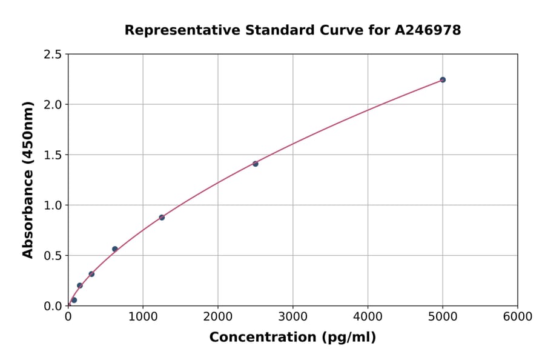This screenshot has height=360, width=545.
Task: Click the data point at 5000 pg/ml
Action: pyautogui.click(x=443, y=80)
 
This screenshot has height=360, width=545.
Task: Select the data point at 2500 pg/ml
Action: pyautogui.click(x=256, y=164)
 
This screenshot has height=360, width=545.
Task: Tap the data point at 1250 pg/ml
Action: pyautogui.click(x=162, y=217)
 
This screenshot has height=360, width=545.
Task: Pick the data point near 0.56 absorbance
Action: pyautogui.click(x=115, y=249)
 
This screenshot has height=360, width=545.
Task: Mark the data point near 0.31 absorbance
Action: pyautogui.click(x=91, y=274)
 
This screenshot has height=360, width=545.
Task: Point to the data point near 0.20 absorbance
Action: pyautogui.click(x=80, y=285)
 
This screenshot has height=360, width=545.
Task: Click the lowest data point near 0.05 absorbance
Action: pyautogui.click(x=74, y=300)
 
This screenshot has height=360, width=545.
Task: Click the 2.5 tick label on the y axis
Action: pyautogui.click(x=53, y=55)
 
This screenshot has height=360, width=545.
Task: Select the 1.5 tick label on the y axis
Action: pyautogui.click(x=53, y=155)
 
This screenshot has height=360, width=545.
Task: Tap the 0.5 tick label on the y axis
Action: pyautogui.click(x=53, y=256)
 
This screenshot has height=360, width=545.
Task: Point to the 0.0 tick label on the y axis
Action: pyautogui.click(x=53, y=306)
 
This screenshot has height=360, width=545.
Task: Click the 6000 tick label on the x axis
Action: pyautogui.click(x=517, y=317)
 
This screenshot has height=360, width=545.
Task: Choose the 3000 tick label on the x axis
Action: pyautogui.click(x=292, y=317)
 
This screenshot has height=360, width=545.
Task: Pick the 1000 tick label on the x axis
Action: pyautogui.click(x=143, y=317)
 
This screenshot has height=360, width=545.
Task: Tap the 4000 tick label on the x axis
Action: pyautogui.click(x=368, y=317)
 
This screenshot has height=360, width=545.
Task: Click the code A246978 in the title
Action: pyautogui.click(x=428, y=30)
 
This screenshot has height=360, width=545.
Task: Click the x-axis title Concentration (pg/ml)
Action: pyautogui.click(x=292, y=338)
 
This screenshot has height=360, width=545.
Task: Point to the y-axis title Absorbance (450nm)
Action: pyautogui.click(x=28, y=180)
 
